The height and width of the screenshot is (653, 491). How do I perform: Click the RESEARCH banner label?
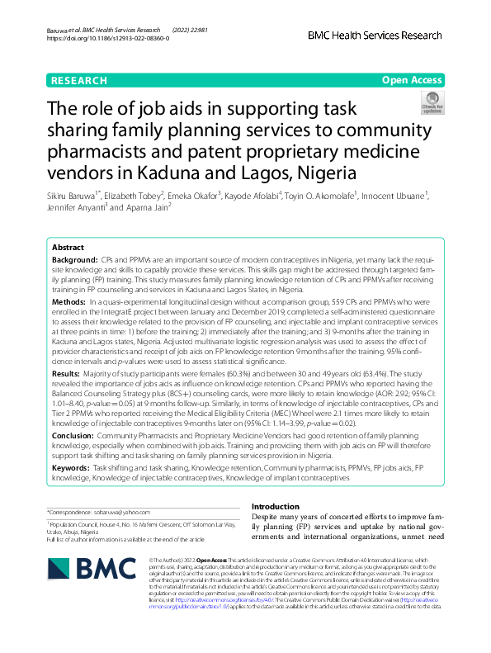(79, 81)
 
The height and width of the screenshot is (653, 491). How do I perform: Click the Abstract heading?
(68, 248)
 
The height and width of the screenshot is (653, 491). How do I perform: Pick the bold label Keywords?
(71, 467)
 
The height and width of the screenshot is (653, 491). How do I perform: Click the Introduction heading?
(275, 507)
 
